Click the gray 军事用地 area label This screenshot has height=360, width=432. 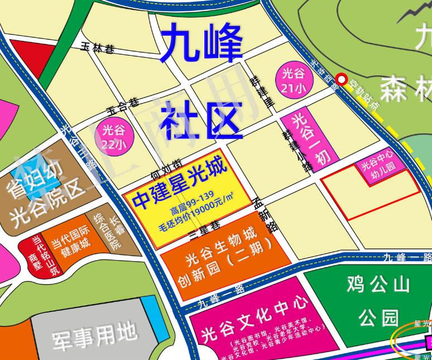pyautogui.click(x=95, y=335)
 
